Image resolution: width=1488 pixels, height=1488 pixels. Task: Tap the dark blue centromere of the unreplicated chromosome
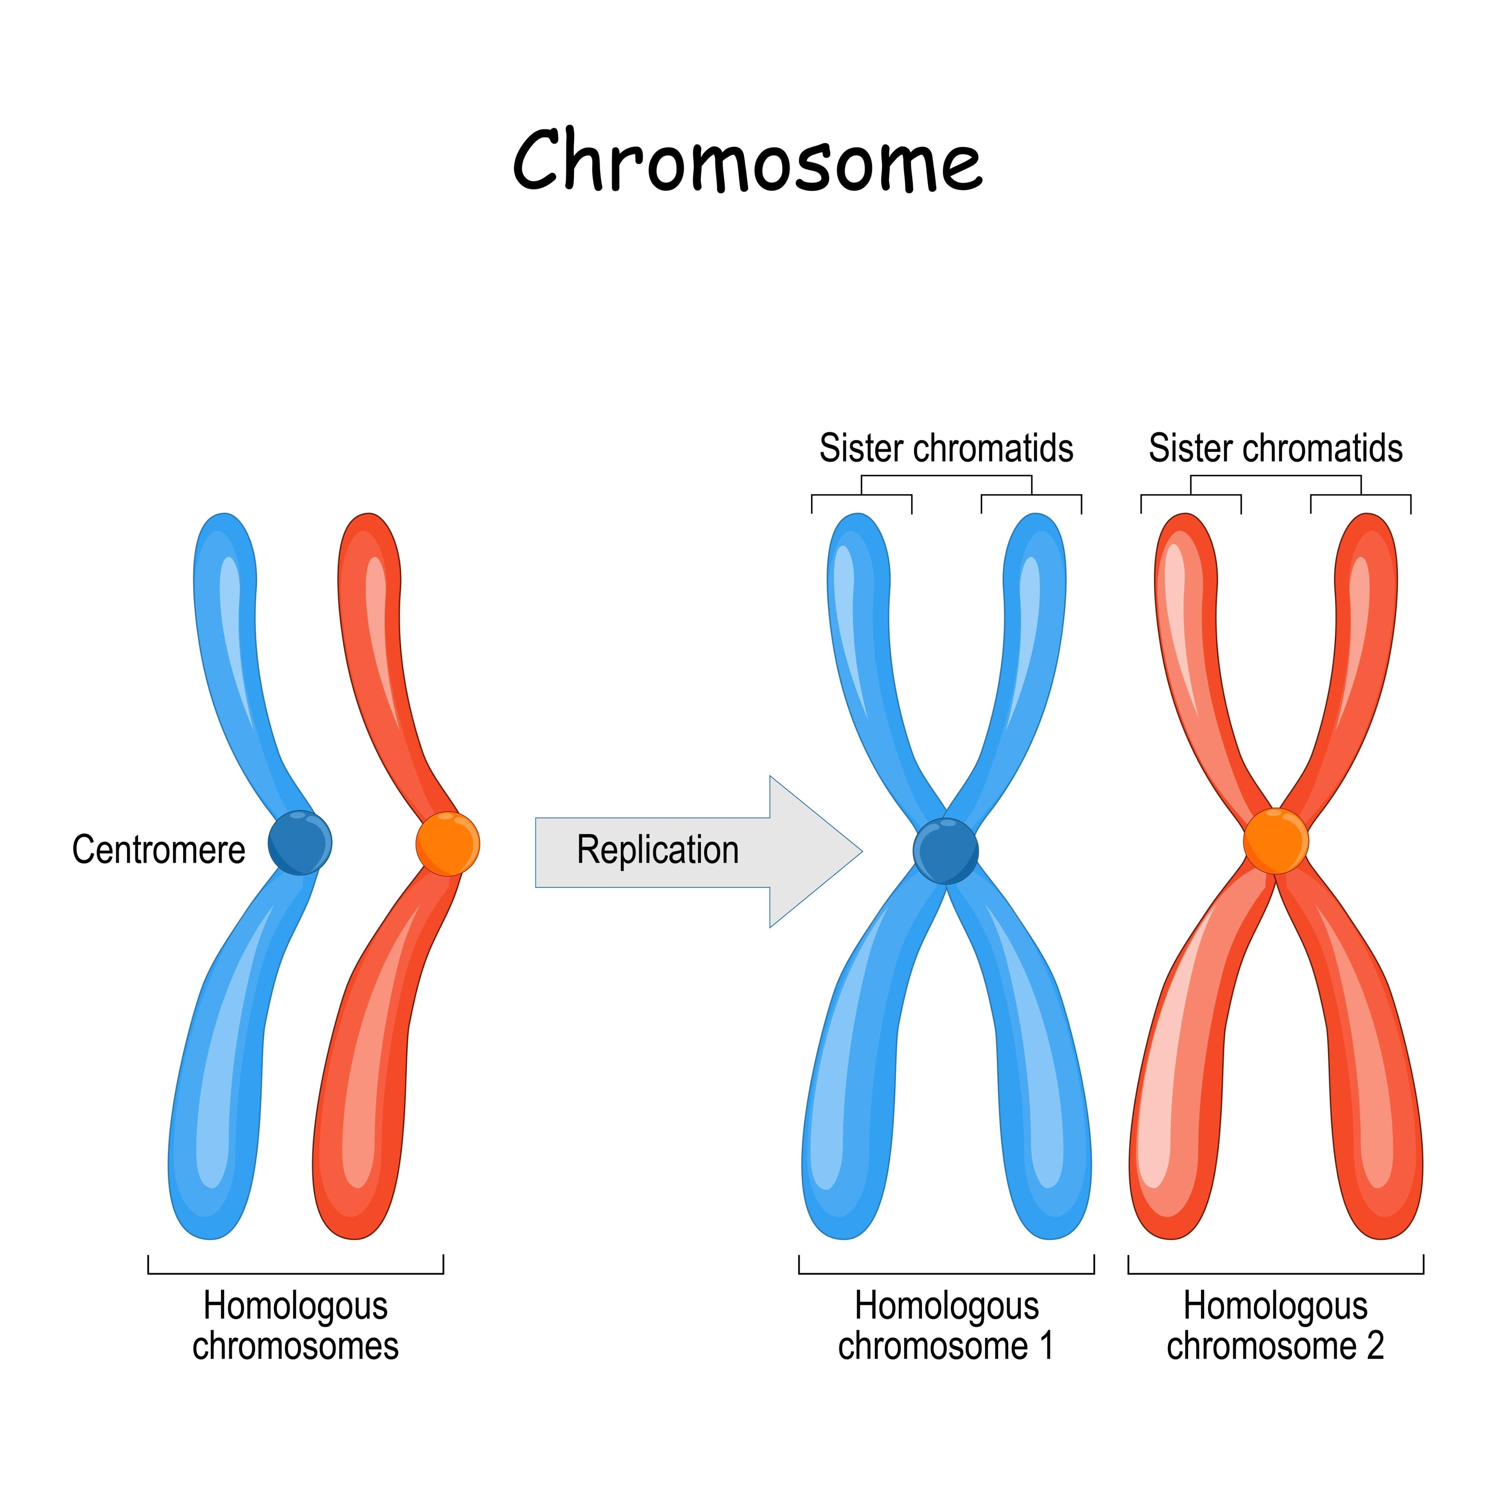pyautogui.click(x=300, y=842)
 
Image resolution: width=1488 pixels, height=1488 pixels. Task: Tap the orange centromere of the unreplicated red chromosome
pyautogui.click(x=447, y=844)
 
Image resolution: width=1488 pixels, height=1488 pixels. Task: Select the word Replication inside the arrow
pyautogui.click(x=658, y=850)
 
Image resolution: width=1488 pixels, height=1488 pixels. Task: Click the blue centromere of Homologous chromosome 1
pyautogui.click(x=946, y=850)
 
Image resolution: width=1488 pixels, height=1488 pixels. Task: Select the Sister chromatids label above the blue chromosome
pyautogui.click(x=946, y=448)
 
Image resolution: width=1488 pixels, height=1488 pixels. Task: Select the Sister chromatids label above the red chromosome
pyautogui.click(x=1275, y=448)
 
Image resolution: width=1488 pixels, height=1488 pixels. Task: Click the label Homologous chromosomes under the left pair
pyautogui.click(x=296, y=1325)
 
